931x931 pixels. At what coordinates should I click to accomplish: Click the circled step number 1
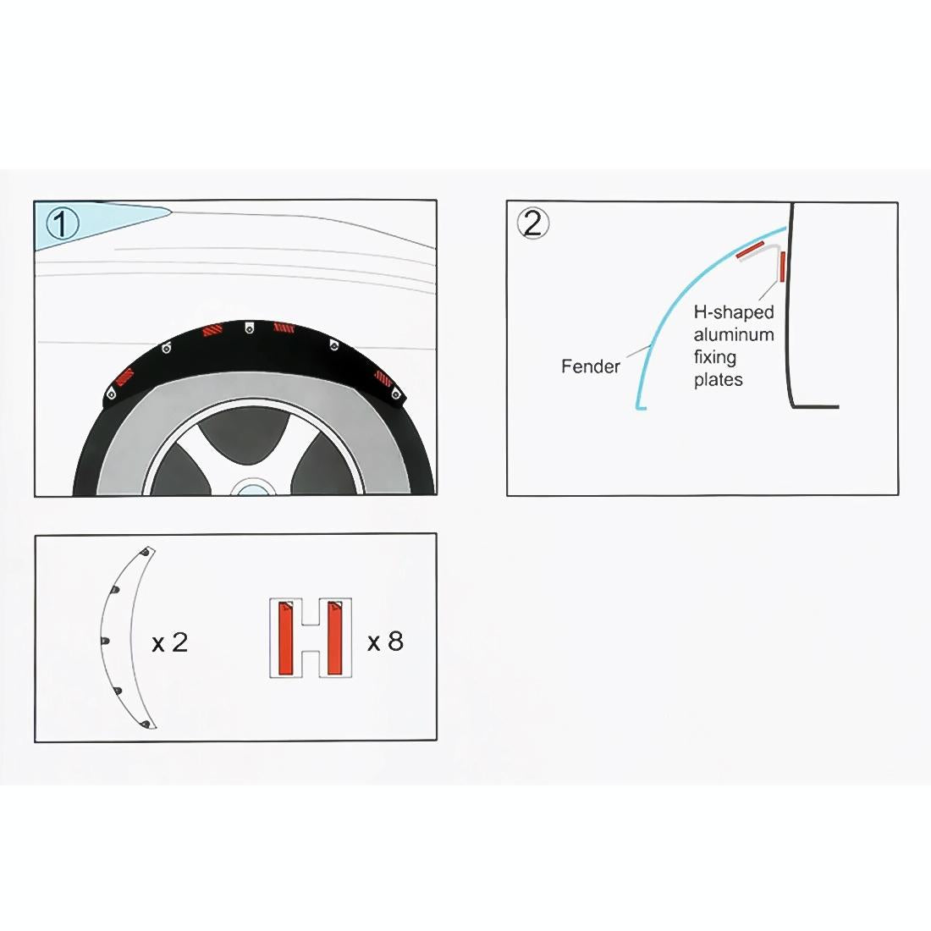click(x=63, y=224)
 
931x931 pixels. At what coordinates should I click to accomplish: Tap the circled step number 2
click(x=532, y=223)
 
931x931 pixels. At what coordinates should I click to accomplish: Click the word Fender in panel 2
click(x=590, y=366)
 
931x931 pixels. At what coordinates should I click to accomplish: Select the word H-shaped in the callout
click(x=733, y=312)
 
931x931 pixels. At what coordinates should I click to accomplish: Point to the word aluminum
click(x=733, y=334)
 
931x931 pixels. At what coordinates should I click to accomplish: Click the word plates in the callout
click(x=718, y=380)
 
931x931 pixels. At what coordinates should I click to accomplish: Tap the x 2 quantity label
click(x=169, y=643)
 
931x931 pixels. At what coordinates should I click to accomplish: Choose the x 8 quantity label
click(x=385, y=642)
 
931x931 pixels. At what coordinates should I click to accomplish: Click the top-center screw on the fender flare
click(x=249, y=328)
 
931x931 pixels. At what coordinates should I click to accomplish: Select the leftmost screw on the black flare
click(x=111, y=392)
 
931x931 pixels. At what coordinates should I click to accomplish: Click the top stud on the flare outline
click(x=146, y=552)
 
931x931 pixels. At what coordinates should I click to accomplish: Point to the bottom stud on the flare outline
click(x=146, y=725)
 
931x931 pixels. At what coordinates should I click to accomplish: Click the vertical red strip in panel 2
click(x=783, y=266)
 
